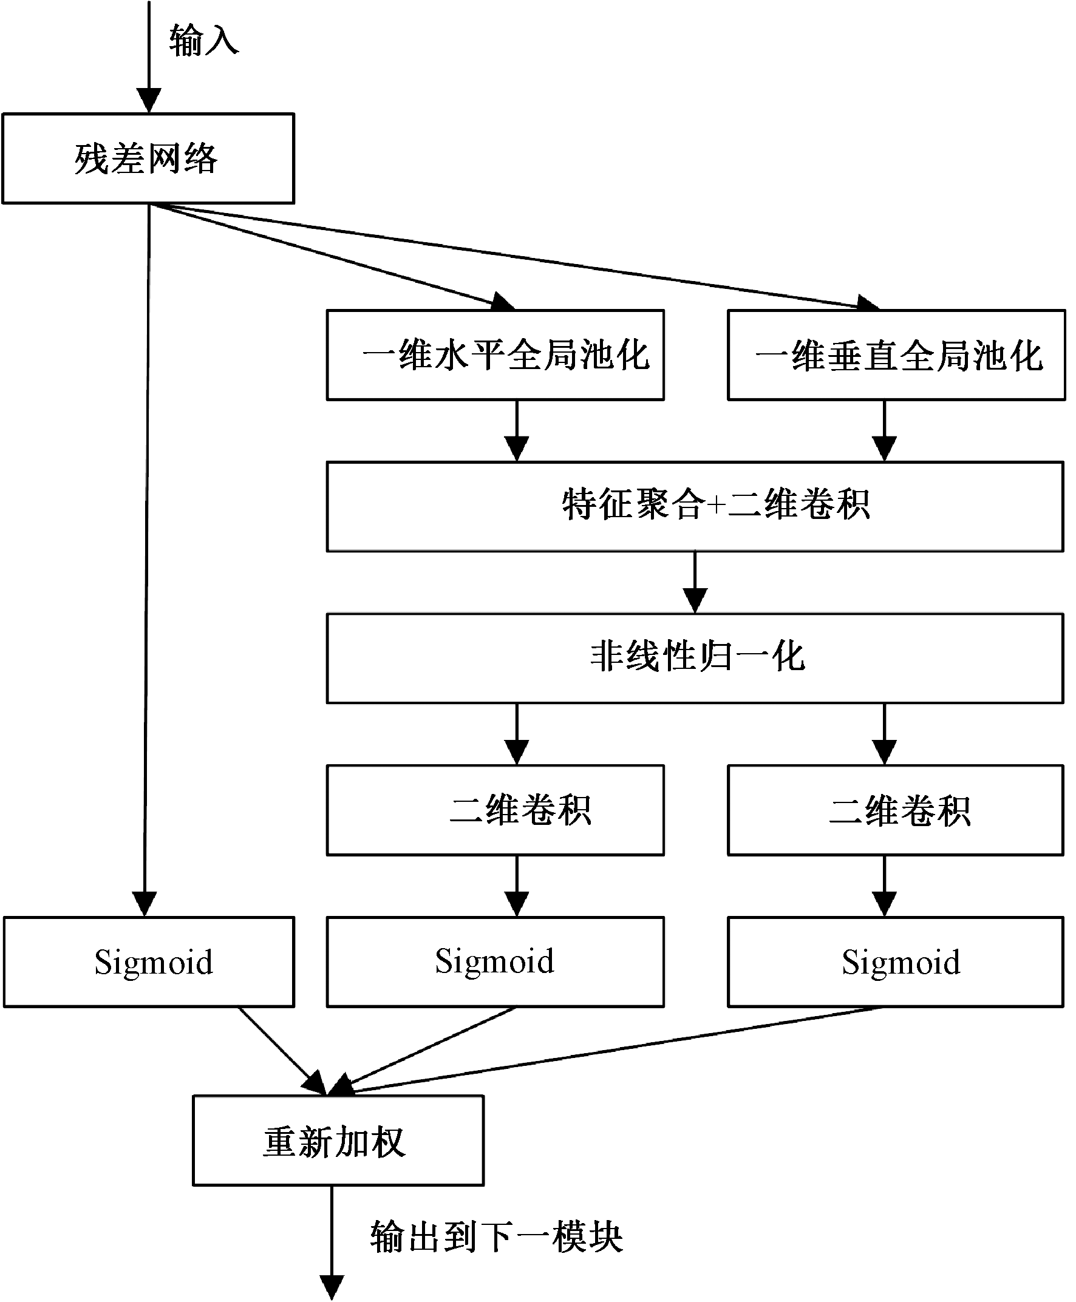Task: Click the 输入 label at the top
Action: point(203,41)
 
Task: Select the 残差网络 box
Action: point(148,158)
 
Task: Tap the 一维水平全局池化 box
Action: point(495,355)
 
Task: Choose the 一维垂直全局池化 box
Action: point(896,355)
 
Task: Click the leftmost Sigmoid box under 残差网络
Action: point(149,962)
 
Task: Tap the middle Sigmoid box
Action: point(495,962)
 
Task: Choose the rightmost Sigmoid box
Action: point(896,962)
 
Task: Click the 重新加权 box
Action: point(338,1141)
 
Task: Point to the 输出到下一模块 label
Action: point(496,1237)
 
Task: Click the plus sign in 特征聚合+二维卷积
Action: point(716,505)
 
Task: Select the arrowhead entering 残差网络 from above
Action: point(149,100)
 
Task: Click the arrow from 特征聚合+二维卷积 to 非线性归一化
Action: point(695,582)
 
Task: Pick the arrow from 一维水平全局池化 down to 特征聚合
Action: point(517,430)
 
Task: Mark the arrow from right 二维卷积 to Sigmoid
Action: point(885,886)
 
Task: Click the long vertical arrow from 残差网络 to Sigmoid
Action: point(146,557)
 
